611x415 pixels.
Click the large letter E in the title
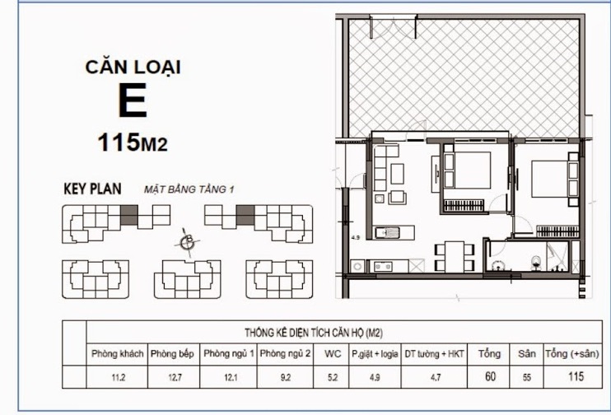pos(132,101)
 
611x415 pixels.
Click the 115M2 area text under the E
pos(132,143)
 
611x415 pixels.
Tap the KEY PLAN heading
pos(92,189)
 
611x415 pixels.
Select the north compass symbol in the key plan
pos(189,241)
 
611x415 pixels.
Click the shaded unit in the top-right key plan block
pos(245,217)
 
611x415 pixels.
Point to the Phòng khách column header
pos(117,354)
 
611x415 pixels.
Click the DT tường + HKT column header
pos(435,354)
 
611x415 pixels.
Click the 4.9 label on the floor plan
pos(356,239)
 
